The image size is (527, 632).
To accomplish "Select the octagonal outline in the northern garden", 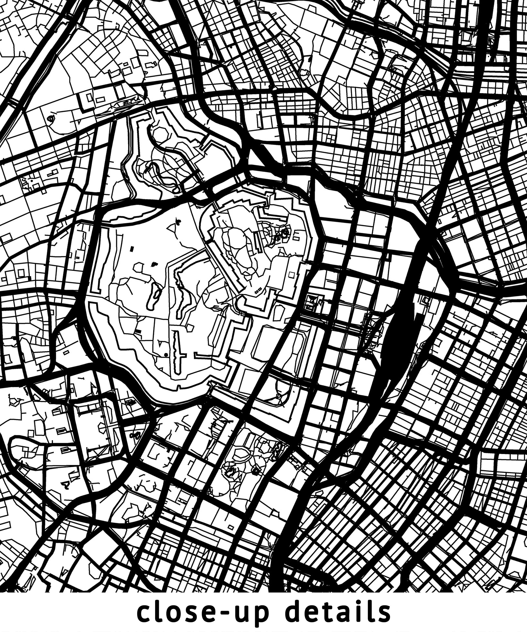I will click(157, 134).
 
